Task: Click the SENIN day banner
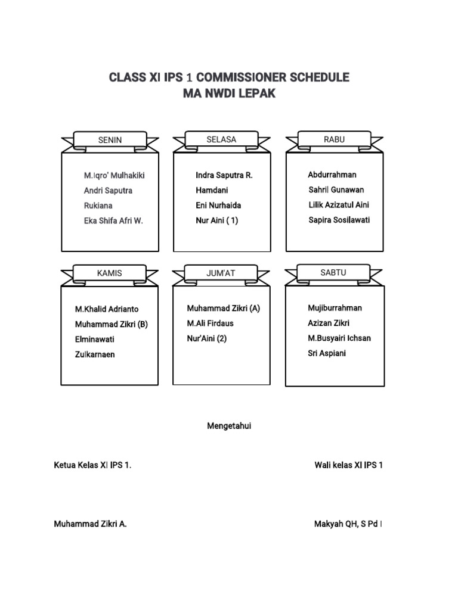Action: coord(110,140)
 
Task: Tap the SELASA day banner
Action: coord(221,139)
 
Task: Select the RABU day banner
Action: coord(334,139)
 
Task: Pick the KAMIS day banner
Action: coord(110,273)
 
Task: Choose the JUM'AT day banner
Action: coord(221,273)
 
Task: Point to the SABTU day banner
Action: coord(333,272)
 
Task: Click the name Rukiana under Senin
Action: coord(98,206)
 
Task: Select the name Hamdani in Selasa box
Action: coord(212,191)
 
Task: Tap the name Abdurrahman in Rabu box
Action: coord(332,175)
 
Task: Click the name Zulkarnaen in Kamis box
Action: coord(95,354)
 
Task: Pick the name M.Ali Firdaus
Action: coord(211,323)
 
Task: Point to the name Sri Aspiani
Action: coord(327,353)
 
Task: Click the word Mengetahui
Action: coord(229,426)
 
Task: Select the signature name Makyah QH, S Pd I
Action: coord(348,524)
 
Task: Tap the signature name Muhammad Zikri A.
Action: coord(90,524)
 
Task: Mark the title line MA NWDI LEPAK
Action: coord(229,94)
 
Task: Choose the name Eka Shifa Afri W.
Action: coord(113,220)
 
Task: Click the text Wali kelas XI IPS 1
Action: coord(349,465)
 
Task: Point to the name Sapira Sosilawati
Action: coord(339,220)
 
